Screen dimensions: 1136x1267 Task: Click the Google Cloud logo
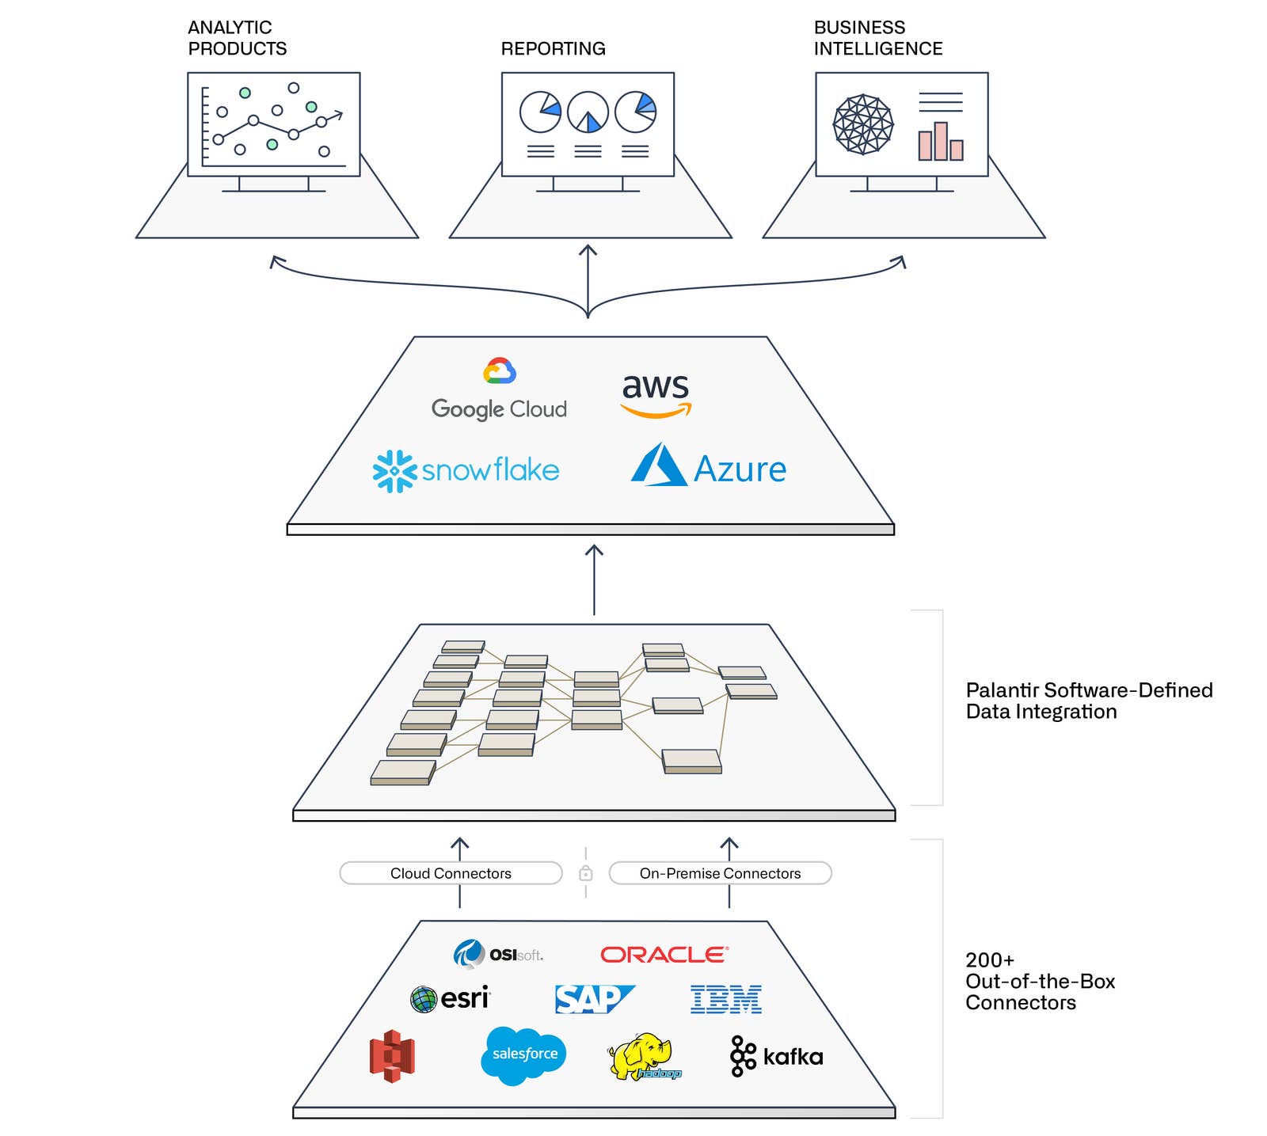499,390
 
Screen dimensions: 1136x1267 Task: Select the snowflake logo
466,471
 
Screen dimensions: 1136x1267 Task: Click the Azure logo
708,467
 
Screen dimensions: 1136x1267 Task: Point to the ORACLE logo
664,955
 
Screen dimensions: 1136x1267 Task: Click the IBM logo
725,999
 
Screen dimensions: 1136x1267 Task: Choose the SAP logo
593,999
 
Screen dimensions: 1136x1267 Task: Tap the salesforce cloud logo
523,1054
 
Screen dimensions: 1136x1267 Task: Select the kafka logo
776,1056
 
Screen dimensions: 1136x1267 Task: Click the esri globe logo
450,998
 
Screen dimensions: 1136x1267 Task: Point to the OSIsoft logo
498,954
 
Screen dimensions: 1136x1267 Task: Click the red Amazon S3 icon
392,1055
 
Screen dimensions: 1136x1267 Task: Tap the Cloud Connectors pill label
451,873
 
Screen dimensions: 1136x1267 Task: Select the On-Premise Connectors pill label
720,873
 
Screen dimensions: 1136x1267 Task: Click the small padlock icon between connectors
585,873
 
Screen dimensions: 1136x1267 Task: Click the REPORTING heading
553,49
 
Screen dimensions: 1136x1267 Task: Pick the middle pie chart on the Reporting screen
588,112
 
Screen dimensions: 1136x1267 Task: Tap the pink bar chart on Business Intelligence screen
940,142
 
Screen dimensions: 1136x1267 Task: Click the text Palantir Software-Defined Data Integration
1088,701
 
